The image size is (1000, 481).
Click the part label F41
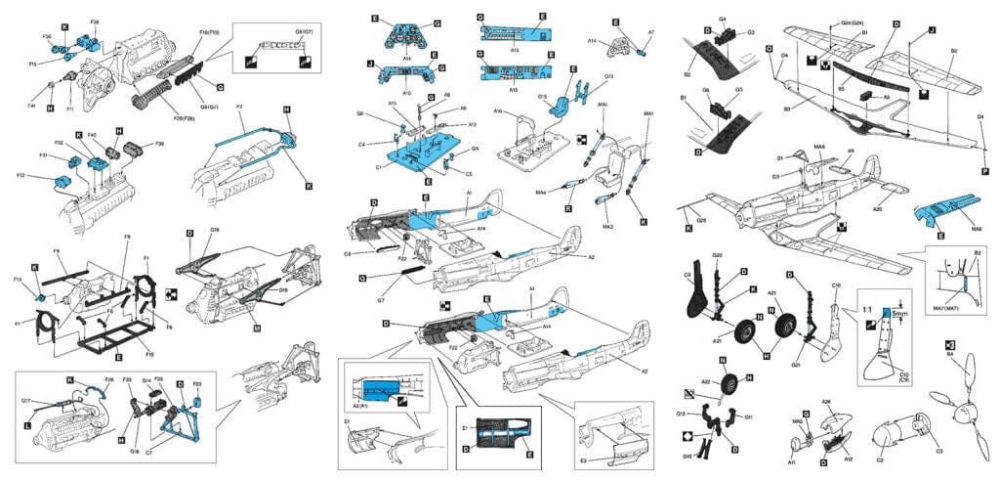[31, 106]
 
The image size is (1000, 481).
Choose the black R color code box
[568, 208]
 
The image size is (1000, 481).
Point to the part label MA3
[607, 227]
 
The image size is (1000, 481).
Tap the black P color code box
[984, 170]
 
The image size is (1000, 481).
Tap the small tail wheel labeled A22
[728, 388]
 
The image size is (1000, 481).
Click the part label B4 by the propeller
[951, 354]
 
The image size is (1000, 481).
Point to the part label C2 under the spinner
[879, 459]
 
